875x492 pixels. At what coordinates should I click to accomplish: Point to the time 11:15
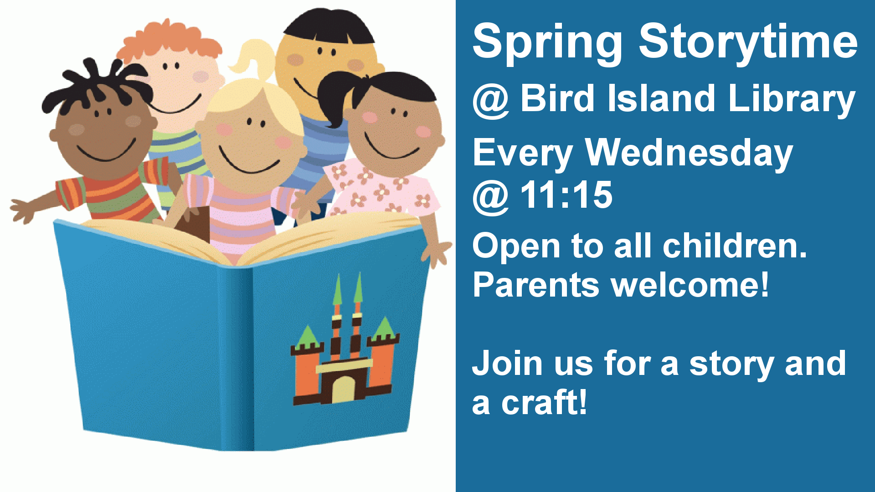point(566,195)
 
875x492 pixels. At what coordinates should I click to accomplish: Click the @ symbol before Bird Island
point(491,101)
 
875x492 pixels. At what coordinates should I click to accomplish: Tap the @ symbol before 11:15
point(491,197)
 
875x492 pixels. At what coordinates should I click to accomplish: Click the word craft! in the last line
point(544,402)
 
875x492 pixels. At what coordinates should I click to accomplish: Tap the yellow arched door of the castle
point(343,389)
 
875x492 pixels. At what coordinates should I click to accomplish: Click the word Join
point(507,363)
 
